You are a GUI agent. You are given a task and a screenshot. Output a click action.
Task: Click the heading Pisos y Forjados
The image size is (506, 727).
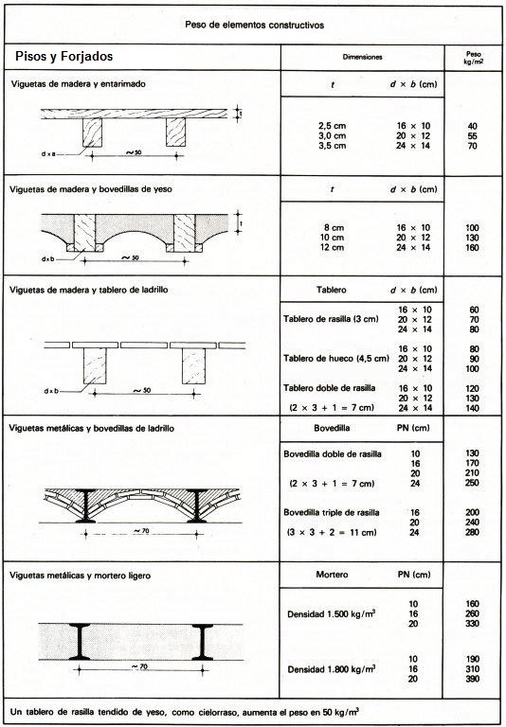pos(64,57)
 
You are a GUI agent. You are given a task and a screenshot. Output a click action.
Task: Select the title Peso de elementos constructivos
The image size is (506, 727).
pos(254,25)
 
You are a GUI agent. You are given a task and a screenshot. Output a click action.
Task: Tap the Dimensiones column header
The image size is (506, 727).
pos(362,57)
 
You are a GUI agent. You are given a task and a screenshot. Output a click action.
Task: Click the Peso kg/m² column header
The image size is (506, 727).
pos(474,58)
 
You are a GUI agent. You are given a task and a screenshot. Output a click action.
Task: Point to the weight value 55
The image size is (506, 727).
pos(473,136)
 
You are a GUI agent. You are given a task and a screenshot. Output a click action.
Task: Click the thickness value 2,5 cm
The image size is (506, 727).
pos(333,126)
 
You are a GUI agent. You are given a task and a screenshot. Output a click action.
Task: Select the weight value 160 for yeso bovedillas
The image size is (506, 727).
pos(472,248)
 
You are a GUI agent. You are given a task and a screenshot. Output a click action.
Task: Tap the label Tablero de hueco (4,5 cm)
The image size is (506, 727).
pos(336,359)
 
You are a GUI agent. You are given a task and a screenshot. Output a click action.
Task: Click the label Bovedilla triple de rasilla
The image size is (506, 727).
pos(332,512)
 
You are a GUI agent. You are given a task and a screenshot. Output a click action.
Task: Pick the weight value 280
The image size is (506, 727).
pos(472,532)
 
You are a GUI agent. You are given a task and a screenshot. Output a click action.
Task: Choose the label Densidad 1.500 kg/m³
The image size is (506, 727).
pos(331,613)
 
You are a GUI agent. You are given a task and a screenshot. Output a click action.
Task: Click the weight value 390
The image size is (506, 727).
pos(472,679)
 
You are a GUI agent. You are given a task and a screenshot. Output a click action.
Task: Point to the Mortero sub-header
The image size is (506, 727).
pos(332,575)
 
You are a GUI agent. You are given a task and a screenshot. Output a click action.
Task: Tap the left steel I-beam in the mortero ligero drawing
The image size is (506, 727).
pos(80,642)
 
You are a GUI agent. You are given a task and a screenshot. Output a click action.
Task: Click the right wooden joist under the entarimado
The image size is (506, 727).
pos(175,133)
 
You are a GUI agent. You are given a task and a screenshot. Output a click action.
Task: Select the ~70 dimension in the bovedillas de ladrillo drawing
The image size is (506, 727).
pos(141,530)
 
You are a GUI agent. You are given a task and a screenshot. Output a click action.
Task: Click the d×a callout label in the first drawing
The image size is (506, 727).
pos(48,153)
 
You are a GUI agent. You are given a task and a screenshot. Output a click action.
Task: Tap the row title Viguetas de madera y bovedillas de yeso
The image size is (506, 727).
pos(91,189)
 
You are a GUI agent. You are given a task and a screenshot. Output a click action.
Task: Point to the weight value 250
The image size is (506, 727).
pos(472,483)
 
